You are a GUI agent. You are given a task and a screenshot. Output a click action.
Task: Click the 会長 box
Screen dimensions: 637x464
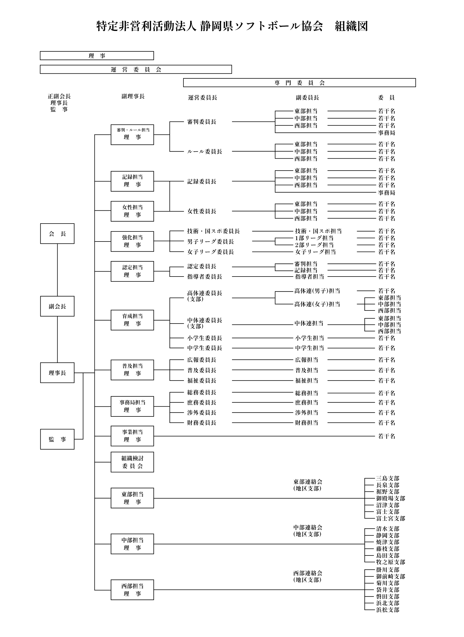click(57, 233)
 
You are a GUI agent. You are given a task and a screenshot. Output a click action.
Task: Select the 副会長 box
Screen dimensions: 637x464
click(57, 306)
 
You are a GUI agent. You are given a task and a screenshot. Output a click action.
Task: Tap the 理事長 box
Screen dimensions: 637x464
click(57, 372)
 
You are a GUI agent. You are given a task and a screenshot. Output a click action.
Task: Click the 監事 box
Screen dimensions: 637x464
click(57, 439)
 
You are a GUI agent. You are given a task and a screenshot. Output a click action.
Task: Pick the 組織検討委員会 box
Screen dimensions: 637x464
click(132, 462)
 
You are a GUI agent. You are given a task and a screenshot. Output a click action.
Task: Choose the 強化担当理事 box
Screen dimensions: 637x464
click(132, 241)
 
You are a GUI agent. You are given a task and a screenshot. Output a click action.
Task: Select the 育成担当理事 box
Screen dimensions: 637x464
click(132, 320)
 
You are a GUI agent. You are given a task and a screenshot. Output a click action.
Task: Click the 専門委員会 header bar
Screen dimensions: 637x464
click(299, 83)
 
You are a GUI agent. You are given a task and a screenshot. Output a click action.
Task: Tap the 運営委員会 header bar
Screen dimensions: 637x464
click(136, 70)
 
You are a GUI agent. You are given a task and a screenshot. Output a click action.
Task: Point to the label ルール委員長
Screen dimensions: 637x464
click(205, 152)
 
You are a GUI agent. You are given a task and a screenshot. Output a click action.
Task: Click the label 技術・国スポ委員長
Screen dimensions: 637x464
click(214, 231)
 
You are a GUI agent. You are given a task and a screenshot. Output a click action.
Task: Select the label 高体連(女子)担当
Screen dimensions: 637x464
click(317, 304)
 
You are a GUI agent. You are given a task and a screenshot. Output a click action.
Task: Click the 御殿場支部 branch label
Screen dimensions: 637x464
click(390, 498)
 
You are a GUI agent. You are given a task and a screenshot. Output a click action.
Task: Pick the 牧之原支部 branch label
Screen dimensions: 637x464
click(390, 562)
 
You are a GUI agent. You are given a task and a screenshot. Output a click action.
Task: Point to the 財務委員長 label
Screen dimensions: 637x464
click(202, 422)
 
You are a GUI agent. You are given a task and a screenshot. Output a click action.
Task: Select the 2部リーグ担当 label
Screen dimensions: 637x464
click(314, 245)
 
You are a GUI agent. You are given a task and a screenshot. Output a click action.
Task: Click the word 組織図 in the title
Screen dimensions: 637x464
click(351, 26)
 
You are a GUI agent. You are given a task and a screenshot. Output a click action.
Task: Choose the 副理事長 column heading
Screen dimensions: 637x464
click(133, 96)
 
